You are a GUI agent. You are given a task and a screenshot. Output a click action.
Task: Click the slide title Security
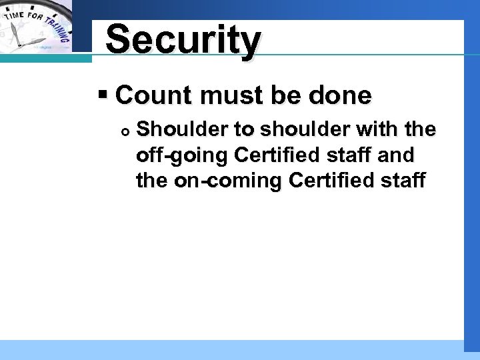click(183, 39)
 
